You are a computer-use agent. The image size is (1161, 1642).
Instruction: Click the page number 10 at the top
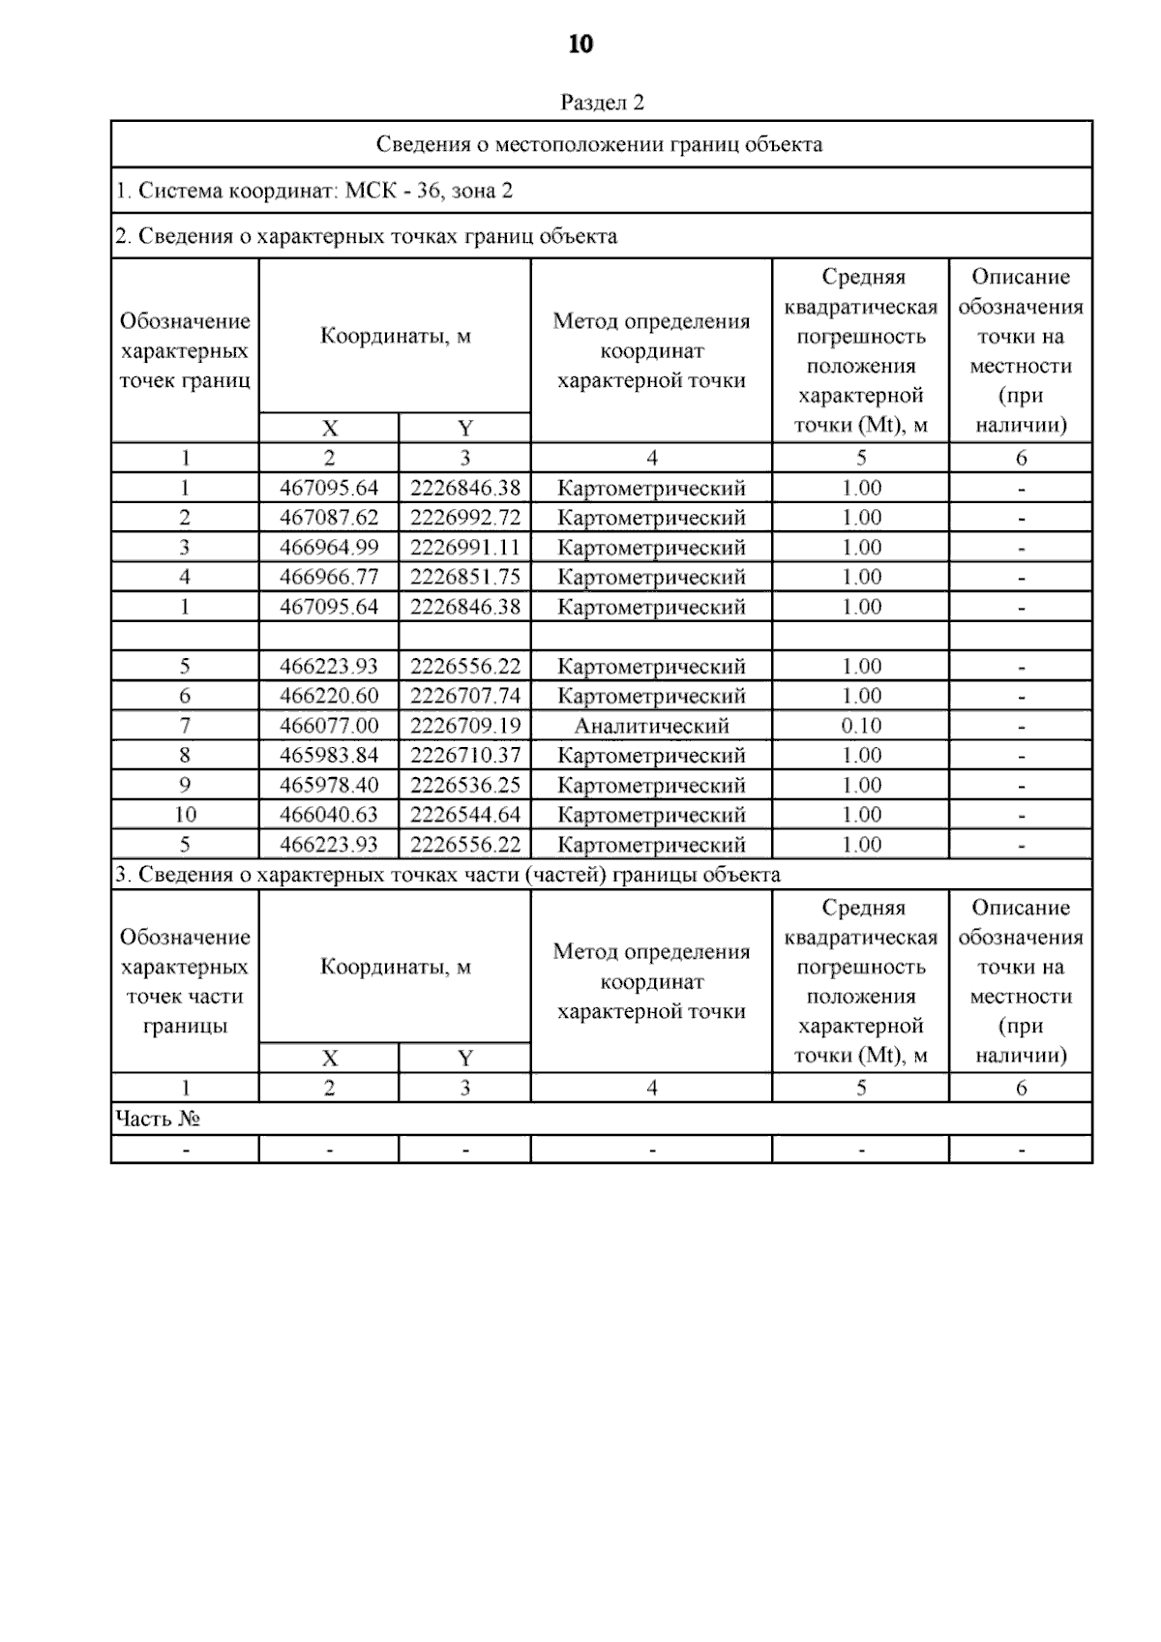[580, 45]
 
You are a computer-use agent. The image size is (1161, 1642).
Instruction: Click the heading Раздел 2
[602, 103]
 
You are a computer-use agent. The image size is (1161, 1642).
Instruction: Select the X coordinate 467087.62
[329, 518]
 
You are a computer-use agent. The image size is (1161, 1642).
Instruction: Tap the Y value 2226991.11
[465, 548]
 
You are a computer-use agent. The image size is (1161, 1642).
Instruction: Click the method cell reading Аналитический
[651, 726]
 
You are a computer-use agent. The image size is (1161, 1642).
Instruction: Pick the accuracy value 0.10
[861, 726]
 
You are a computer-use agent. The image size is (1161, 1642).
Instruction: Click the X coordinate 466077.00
[329, 726]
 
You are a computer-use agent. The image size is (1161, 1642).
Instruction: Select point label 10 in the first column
[185, 815]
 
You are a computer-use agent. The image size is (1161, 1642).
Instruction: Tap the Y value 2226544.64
[465, 815]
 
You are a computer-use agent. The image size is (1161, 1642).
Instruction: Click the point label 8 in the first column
[185, 756]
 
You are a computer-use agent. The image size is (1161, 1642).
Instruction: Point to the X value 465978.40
[329, 786]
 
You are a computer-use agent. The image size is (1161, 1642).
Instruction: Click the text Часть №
[158, 1120]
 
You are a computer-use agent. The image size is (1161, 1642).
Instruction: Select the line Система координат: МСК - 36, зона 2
[314, 191]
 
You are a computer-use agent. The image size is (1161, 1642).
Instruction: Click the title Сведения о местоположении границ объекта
[600, 145]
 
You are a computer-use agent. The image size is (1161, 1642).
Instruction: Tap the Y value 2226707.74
[465, 697]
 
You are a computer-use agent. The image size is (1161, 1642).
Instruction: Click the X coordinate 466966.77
[329, 578]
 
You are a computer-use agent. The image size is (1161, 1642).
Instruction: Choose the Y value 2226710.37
[465, 756]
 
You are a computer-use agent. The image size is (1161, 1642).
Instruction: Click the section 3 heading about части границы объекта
[448, 876]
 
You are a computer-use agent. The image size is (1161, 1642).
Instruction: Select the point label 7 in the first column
[185, 726]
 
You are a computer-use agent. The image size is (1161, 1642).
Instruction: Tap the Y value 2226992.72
[465, 518]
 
